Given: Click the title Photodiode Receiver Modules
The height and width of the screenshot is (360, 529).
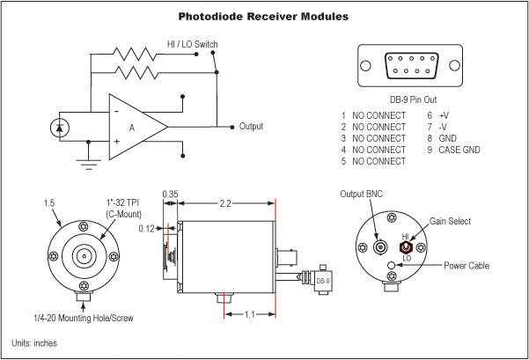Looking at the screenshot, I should pos(263,17).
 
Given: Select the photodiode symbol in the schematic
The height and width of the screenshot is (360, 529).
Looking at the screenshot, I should pos(59,127).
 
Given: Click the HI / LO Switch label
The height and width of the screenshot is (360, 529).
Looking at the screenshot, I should pos(193,44).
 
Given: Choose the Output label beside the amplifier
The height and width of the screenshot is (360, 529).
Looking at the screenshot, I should pos(251,127).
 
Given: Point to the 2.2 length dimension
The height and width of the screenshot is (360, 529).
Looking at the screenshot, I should pos(226,204).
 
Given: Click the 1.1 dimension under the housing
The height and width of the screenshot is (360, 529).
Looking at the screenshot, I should pos(251,312).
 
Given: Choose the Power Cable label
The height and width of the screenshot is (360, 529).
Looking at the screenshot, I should pos(467,266).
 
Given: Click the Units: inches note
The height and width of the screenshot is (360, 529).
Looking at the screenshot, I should pos(34,342).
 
